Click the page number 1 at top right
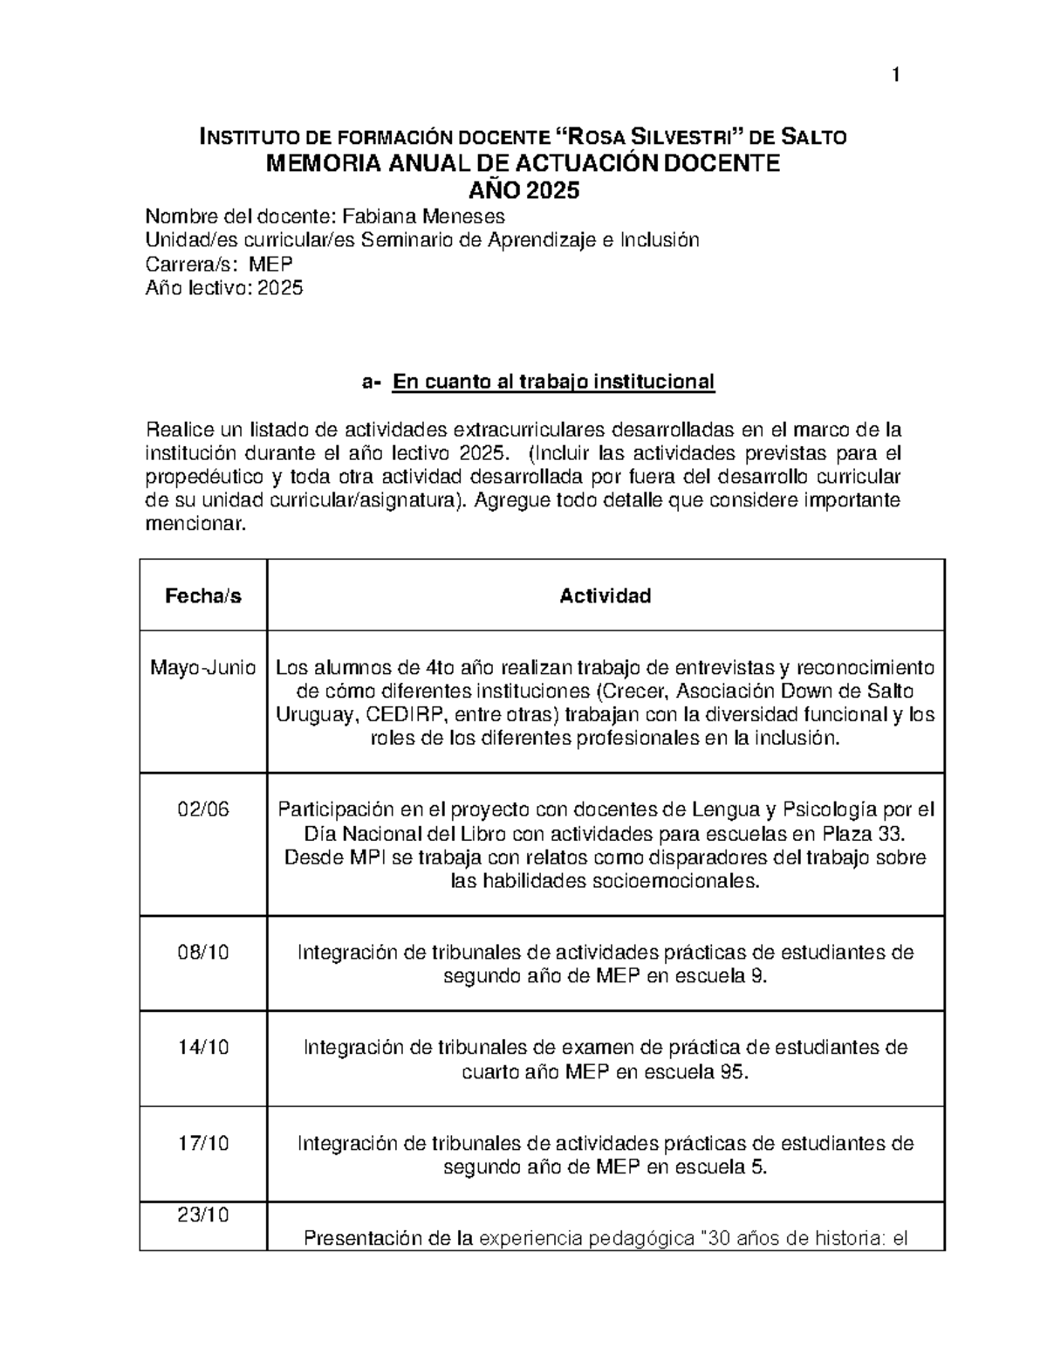coord(895,77)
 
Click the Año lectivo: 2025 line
coord(224,288)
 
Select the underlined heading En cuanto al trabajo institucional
coord(553,382)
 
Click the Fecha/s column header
coord(203,596)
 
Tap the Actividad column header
coord(605,596)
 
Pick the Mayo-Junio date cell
coord(203,669)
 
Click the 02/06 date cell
coord(203,809)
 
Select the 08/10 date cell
coord(203,953)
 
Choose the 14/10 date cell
coord(203,1048)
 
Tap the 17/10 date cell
coord(203,1143)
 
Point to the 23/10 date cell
coord(203,1215)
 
